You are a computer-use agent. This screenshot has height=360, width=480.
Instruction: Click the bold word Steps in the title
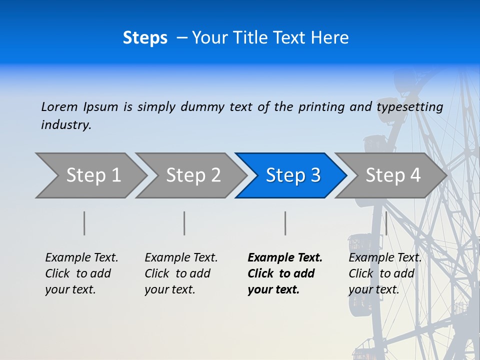tap(145, 38)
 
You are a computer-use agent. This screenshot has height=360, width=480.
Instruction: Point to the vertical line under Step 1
tap(84, 223)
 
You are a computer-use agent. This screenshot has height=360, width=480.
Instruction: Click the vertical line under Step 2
tap(184, 223)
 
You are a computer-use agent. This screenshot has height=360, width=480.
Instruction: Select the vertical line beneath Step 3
tap(285, 223)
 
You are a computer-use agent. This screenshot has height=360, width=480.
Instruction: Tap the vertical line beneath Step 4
tap(386, 223)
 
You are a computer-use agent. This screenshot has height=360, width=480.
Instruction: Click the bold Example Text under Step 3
tap(285, 258)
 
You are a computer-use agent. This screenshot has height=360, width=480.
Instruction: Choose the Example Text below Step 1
tap(81, 258)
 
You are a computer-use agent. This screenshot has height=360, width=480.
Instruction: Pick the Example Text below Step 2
tap(181, 258)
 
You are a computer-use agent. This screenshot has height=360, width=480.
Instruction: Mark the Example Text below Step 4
tap(385, 258)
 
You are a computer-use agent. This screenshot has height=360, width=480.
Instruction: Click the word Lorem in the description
tap(59, 106)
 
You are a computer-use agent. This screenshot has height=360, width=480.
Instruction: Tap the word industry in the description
tap(66, 125)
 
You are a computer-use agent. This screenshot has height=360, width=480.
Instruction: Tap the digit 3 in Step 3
tap(315, 175)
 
